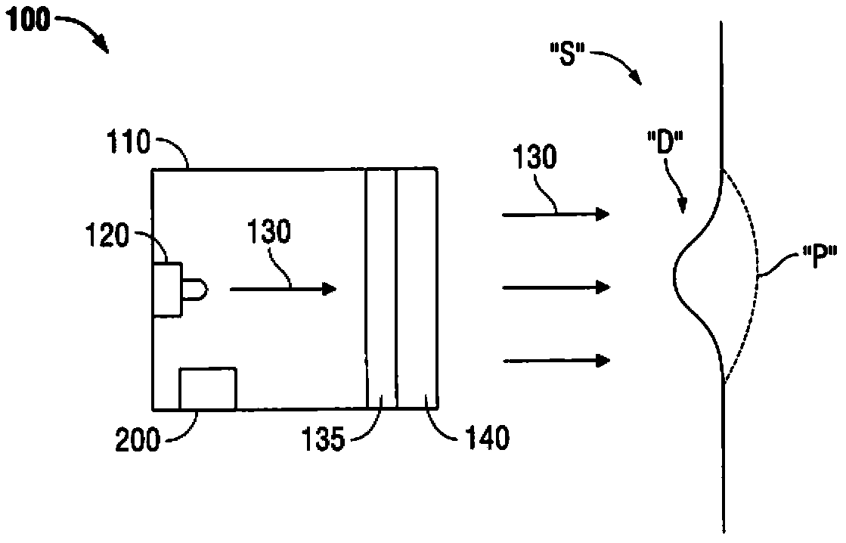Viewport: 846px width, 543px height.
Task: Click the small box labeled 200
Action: coord(207,389)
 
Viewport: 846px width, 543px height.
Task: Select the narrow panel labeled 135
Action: coord(381,288)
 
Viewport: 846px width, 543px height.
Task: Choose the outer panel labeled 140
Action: coord(417,288)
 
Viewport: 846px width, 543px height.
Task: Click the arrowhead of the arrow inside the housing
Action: coord(329,288)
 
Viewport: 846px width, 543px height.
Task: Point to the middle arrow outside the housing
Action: coord(556,287)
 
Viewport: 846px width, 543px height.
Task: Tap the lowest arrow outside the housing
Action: coord(556,360)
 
